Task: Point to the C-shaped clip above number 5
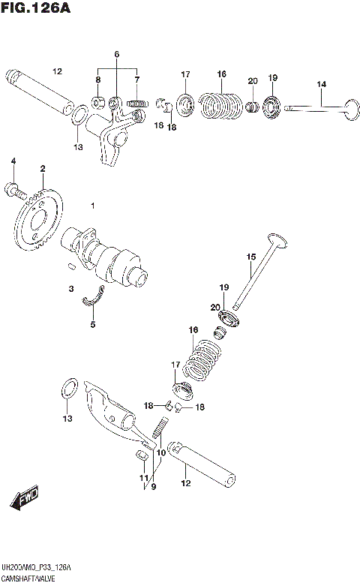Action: pyautogui.click(x=94, y=297)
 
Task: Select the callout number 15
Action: pyautogui.click(x=251, y=257)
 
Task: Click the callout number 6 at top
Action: pyautogui.click(x=117, y=55)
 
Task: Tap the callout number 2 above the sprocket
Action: pyautogui.click(x=43, y=169)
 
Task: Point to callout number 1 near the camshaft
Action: pyautogui.click(x=93, y=206)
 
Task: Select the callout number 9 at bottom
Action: pyautogui.click(x=153, y=486)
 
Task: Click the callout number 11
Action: pyautogui.click(x=142, y=479)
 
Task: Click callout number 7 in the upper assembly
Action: pyautogui.click(x=137, y=80)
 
